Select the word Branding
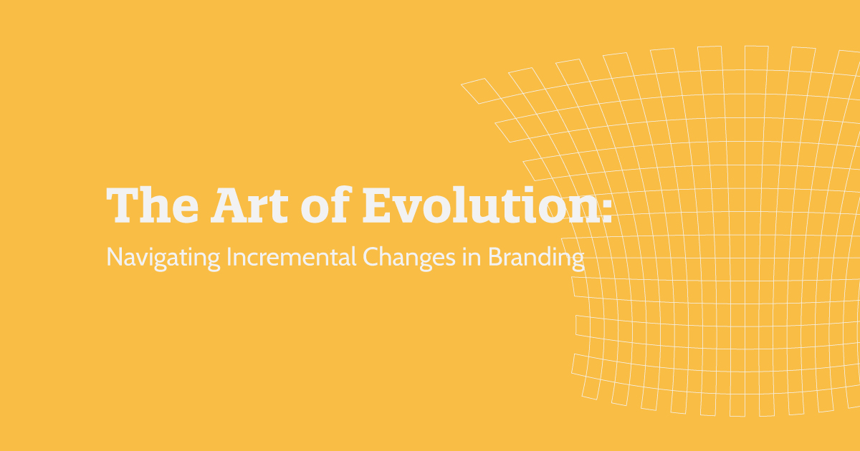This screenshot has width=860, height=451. pyautogui.click(x=537, y=258)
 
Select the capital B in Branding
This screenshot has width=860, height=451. pyautogui.click(x=495, y=257)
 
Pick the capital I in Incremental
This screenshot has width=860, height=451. pyautogui.click(x=229, y=257)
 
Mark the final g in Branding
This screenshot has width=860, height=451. pyautogui.click(x=578, y=261)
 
